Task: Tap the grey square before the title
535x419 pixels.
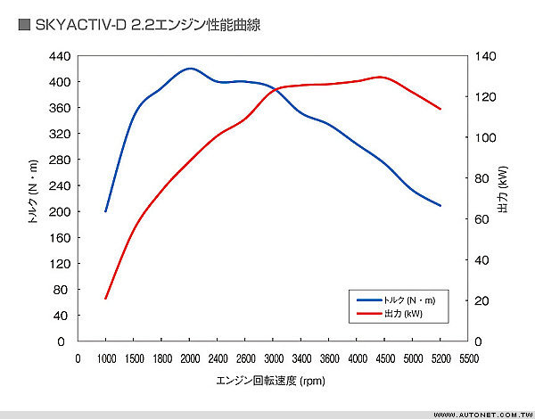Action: click(24, 27)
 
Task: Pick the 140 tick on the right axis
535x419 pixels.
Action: click(482, 55)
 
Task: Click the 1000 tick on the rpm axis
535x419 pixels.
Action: click(105, 358)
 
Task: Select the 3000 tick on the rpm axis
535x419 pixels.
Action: click(273, 358)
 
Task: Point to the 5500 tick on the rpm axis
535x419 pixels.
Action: click(468, 358)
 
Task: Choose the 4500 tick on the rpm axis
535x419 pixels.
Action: click(385, 358)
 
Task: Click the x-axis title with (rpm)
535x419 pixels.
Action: click(271, 381)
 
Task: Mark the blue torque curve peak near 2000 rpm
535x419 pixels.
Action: click(189, 68)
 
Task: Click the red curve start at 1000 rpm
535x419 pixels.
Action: click(105, 299)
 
